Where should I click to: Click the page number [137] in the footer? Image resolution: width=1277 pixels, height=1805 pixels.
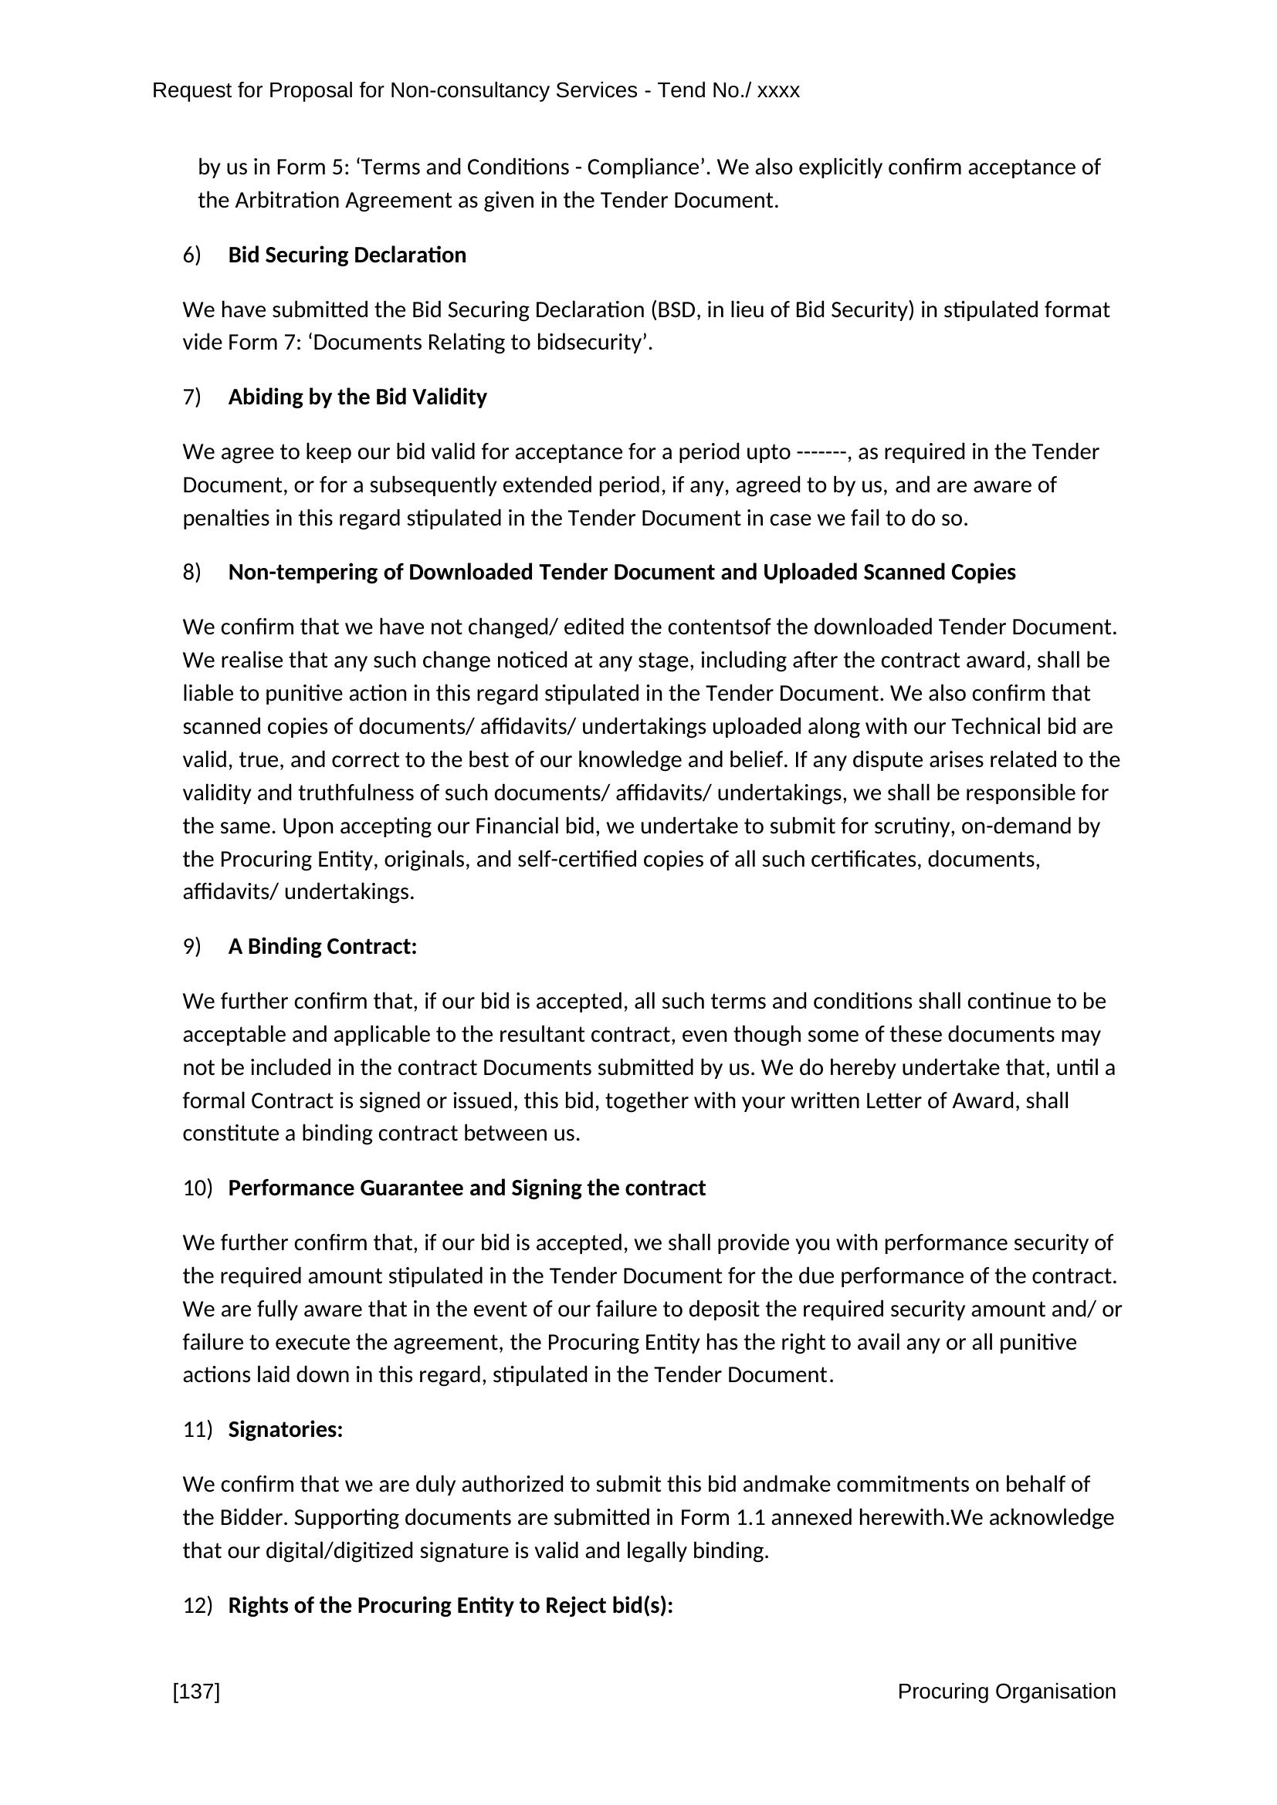(x=197, y=1692)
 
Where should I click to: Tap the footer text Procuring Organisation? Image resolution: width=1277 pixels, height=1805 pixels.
(x=1007, y=1692)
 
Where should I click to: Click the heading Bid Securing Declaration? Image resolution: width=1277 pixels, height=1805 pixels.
(x=347, y=255)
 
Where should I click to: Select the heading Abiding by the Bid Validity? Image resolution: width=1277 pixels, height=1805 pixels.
(x=357, y=397)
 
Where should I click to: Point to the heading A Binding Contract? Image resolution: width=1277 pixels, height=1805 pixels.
(x=323, y=947)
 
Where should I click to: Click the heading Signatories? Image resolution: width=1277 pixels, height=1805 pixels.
(x=286, y=1430)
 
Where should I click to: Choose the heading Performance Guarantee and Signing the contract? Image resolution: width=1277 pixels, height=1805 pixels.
(x=466, y=1188)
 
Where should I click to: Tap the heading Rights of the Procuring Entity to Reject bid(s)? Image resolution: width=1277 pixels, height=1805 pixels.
(x=451, y=1605)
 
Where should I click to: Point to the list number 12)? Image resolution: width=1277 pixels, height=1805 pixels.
(x=198, y=1605)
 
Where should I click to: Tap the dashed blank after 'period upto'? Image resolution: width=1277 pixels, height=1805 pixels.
(x=820, y=452)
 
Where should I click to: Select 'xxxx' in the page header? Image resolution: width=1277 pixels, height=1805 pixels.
(x=778, y=91)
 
